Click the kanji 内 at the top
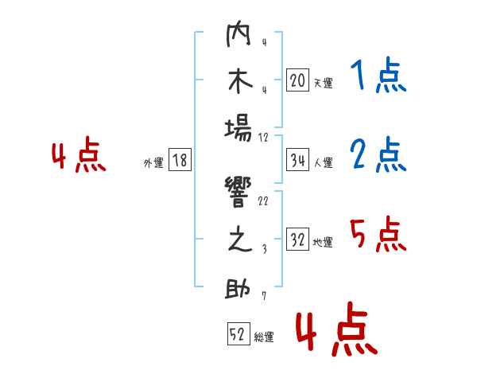click(238, 33)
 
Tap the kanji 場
click(238, 129)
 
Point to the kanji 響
click(238, 192)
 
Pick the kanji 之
click(240, 239)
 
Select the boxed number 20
click(297, 80)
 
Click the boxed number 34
click(297, 160)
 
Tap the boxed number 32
click(297, 239)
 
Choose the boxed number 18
click(180, 160)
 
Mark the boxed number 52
click(238, 333)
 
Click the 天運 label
click(323, 83)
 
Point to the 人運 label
click(324, 162)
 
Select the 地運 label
click(323, 242)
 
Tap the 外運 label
click(153, 162)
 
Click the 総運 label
click(264, 337)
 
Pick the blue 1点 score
click(378, 75)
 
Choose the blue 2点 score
click(378, 154)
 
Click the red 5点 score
click(378, 234)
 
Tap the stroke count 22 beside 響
click(263, 201)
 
